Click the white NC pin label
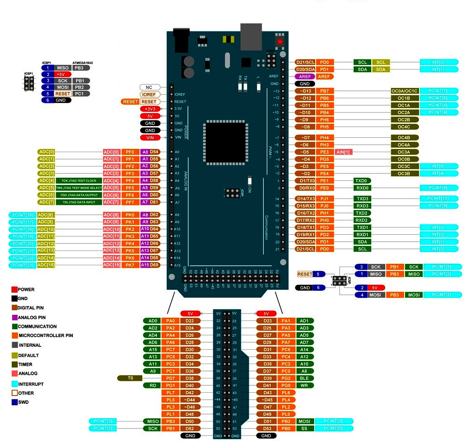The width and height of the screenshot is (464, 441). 150,87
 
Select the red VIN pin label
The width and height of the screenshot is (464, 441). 150,137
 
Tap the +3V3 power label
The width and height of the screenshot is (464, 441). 150,109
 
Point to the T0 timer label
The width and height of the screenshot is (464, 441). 130,378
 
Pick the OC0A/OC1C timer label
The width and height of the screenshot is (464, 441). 405,91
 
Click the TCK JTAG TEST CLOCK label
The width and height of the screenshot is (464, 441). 79,180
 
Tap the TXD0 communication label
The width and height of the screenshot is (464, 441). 361,180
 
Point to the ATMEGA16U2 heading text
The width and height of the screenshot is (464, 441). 83,62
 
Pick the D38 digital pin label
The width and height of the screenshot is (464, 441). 189,378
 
